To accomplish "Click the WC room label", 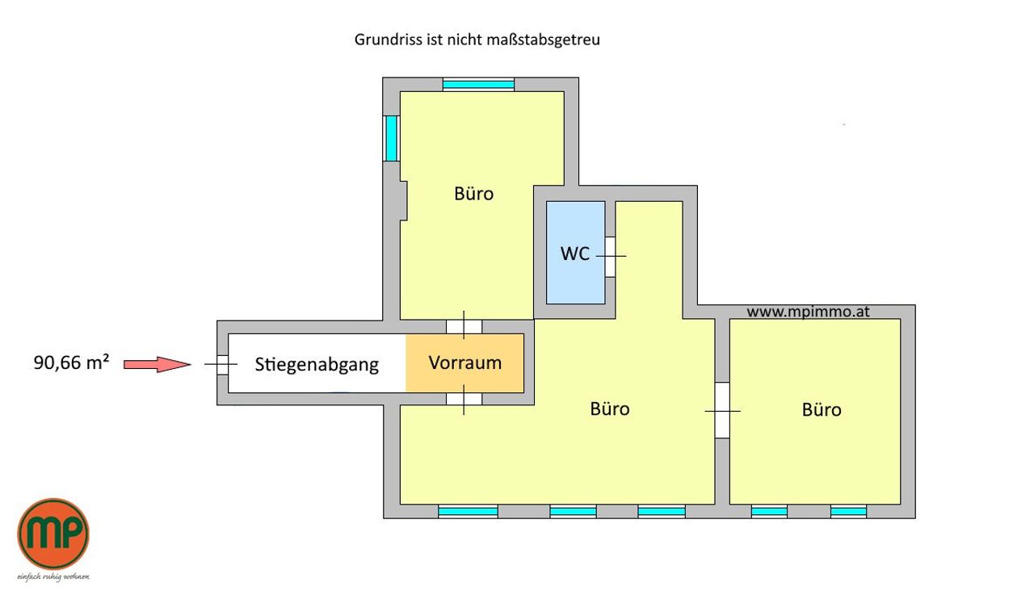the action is (x=574, y=254).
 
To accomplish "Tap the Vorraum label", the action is (x=464, y=363).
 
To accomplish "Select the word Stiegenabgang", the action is (x=317, y=365).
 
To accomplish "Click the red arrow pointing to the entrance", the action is (x=158, y=364).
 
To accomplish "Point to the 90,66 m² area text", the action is (x=72, y=362).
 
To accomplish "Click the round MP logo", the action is (x=53, y=534).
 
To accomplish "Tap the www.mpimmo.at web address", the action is (x=808, y=312).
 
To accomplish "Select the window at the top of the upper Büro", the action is (x=479, y=85).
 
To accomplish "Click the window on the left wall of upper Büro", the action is (x=392, y=138).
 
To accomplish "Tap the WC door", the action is (x=610, y=257).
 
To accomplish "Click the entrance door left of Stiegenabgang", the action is (x=222, y=364).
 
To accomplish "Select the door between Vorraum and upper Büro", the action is (x=464, y=326).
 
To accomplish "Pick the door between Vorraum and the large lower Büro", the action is (x=464, y=399).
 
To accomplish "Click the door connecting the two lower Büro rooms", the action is (x=722, y=410).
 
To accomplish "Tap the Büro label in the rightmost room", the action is (x=822, y=409).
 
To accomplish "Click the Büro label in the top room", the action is (x=473, y=194).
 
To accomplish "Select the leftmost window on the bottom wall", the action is (x=468, y=511).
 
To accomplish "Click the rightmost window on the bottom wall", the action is (x=848, y=511).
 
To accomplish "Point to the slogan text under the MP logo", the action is (x=53, y=576).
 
